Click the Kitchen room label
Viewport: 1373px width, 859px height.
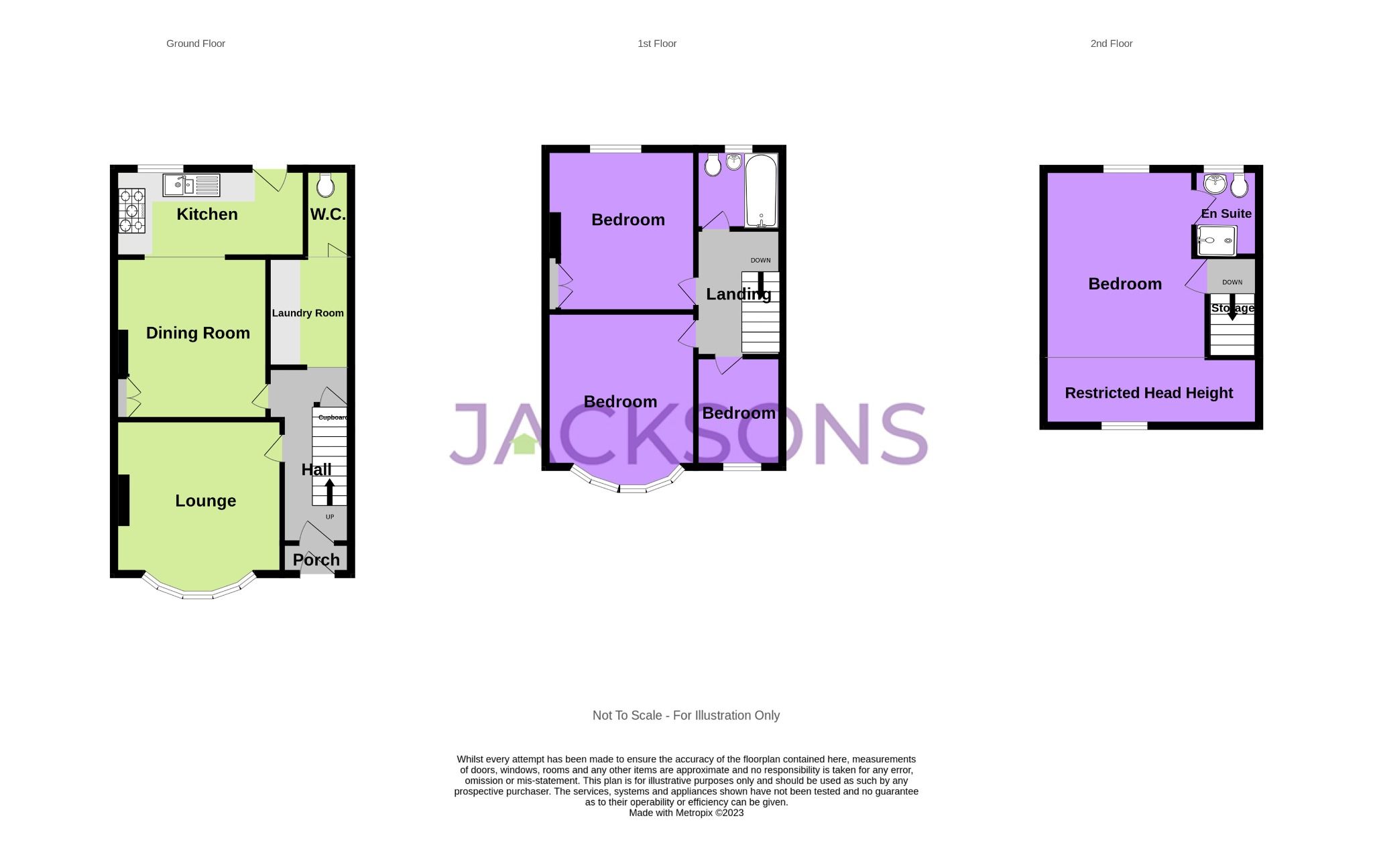coord(206,214)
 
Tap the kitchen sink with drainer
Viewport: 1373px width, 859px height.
coord(191,185)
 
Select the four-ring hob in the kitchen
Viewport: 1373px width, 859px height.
coord(131,210)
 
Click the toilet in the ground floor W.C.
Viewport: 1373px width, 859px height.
coord(325,185)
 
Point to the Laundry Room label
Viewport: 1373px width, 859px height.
coord(308,313)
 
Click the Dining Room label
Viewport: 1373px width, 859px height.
coord(198,333)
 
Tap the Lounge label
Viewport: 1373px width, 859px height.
coord(205,501)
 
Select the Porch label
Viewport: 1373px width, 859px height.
coord(316,559)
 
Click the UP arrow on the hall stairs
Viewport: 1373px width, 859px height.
coord(329,492)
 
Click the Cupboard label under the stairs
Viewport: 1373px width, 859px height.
coord(333,417)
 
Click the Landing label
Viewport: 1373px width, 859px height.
coord(738,294)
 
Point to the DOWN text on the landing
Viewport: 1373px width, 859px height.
coord(760,261)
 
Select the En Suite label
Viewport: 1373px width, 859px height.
coord(1226,214)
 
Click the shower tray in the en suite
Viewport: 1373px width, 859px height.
coord(1217,241)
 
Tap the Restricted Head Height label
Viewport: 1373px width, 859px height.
coord(1148,393)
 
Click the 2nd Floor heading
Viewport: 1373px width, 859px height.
coord(1111,44)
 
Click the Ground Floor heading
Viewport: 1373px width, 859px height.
coord(195,44)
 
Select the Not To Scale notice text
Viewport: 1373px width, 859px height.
coord(686,716)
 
